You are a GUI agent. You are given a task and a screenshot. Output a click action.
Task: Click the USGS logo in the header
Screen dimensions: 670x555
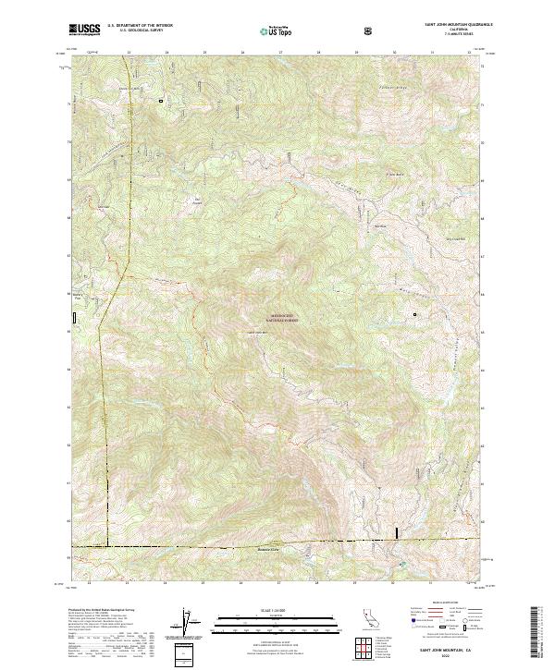[x=85, y=30]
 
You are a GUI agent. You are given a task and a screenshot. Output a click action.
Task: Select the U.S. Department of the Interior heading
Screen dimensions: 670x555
[x=140, y=27]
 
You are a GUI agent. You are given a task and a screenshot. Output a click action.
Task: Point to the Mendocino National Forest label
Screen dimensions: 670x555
[x=284, y=317]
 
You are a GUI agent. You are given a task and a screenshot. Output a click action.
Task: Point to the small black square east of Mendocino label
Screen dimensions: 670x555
[x=414, y=315]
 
